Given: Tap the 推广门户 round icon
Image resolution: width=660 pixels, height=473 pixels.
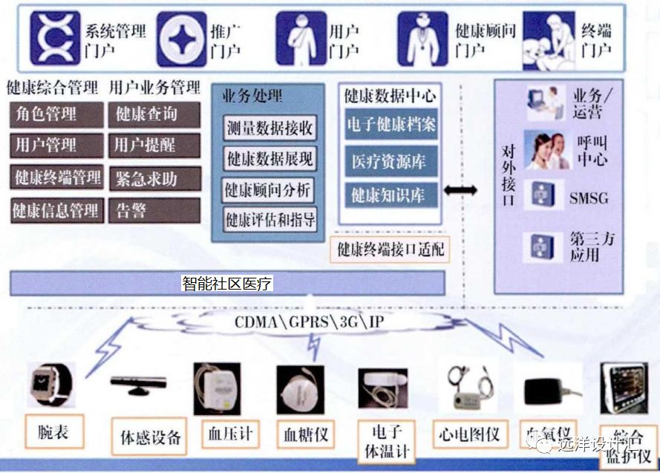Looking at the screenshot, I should click(180, 38).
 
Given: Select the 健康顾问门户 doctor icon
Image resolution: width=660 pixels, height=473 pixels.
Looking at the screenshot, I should click(422, 37).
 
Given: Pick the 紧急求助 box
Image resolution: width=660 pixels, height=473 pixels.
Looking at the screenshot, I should click(154, 178).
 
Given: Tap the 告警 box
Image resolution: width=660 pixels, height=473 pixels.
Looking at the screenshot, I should click(154, 210).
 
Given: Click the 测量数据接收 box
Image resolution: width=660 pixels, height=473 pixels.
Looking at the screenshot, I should click(269, 127).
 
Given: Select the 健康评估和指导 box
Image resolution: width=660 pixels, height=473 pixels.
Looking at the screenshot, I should click(269, 219).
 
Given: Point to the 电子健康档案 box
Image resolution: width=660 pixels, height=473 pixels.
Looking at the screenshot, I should click(391, 125).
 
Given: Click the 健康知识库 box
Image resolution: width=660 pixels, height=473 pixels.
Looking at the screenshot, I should click(391, 195).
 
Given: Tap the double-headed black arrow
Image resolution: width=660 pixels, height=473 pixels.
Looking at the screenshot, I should click(460, 191).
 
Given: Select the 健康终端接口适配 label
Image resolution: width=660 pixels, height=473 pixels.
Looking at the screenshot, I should click(391, 249).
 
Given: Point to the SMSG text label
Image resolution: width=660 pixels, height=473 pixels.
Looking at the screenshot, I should click(589, 198).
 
